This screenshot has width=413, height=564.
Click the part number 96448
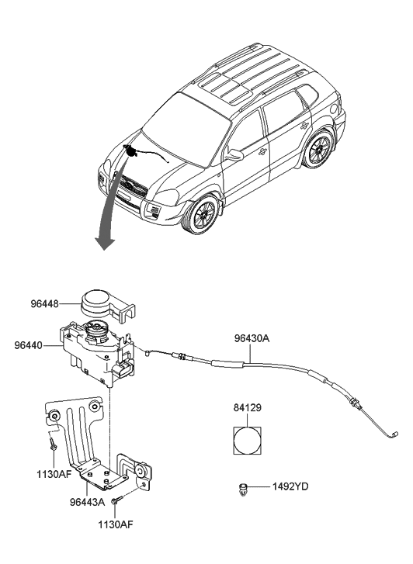pos(43,305)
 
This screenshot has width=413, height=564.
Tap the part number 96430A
pos(252,337)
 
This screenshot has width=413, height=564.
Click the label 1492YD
pos(290,487)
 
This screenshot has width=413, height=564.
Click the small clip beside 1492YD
pos(245,488)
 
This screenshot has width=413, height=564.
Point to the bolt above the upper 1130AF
pos(51,447)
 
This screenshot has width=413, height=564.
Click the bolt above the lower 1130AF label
pos(116,503)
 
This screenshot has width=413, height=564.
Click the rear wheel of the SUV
pos(318,150)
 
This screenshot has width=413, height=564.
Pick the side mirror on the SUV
pos(234,154)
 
